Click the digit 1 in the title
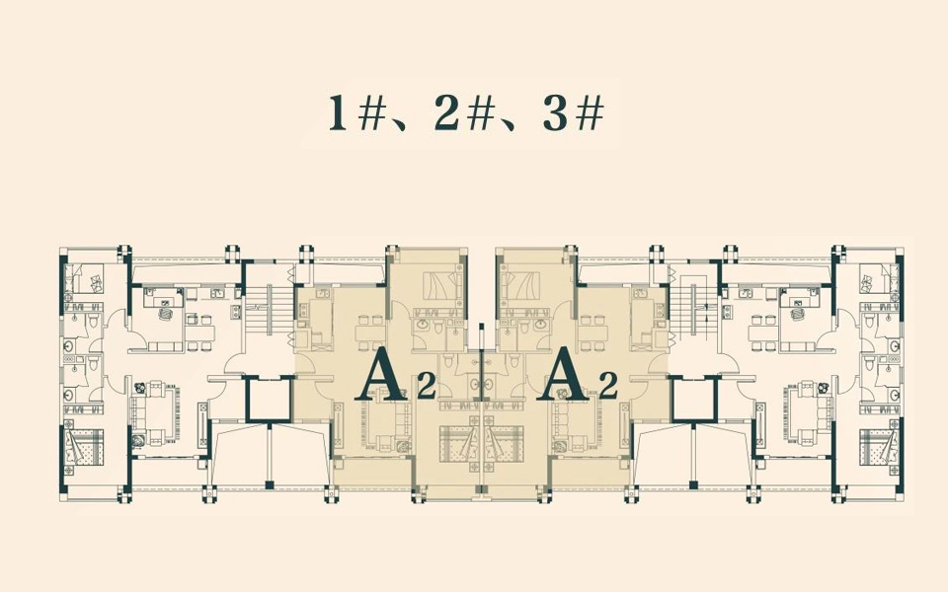click(338, 114)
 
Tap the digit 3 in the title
click(553, 114)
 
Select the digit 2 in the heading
click(445, 114)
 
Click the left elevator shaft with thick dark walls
click(269, 400)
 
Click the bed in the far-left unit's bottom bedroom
click(84, 448)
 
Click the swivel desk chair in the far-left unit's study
click(164, 314)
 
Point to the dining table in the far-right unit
click(763, 333)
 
